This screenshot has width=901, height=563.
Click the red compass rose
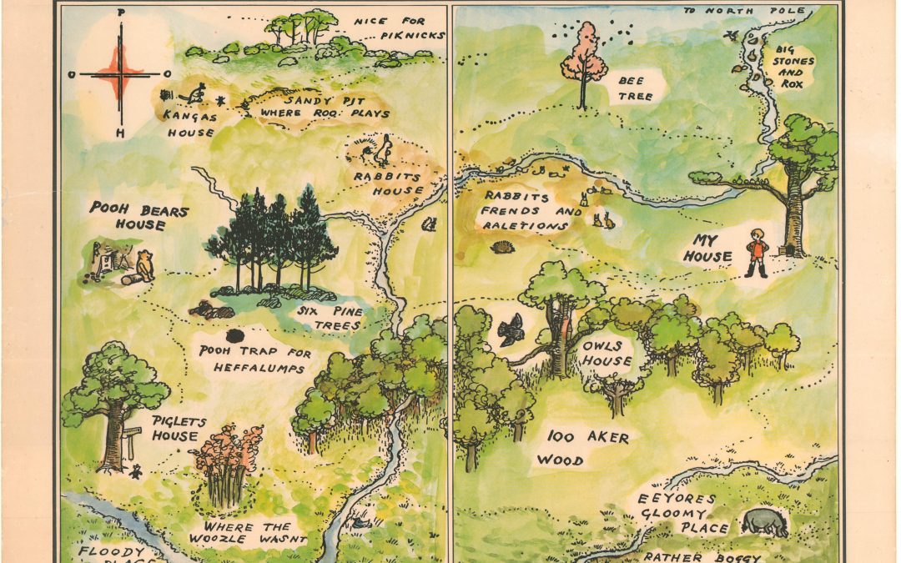[x=122, y=74]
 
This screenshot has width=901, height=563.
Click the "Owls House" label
[x=607, y=352]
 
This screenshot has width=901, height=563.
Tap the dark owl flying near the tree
[x=510, y=330]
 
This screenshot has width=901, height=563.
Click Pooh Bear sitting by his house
[x=146, y=264]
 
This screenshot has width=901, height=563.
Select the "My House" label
[x=707, y=249]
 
